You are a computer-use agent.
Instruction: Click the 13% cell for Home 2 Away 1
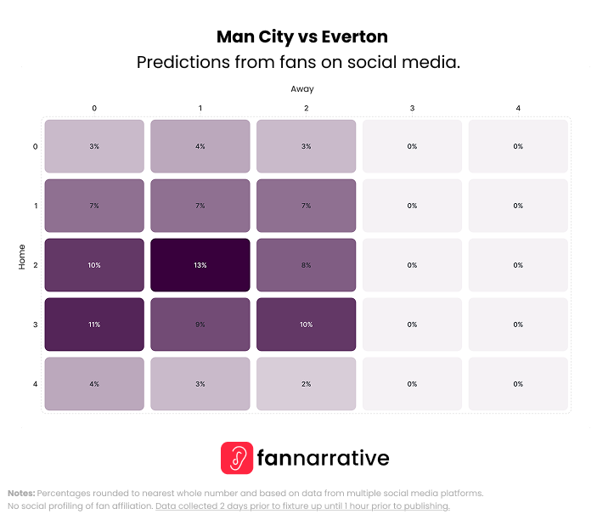point(200,265)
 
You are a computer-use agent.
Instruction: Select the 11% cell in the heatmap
point(94,325)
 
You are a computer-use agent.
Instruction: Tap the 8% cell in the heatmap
point(306,265)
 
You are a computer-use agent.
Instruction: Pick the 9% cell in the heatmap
point(200,325)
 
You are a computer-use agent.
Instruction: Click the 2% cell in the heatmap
point(306,384)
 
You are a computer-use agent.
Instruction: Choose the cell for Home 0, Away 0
point(94,146)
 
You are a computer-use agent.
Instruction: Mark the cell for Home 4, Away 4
point(517,384)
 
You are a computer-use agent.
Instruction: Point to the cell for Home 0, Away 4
point(517,146)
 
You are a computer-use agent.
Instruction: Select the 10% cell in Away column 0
point(94,265)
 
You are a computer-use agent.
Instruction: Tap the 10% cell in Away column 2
point(306,325)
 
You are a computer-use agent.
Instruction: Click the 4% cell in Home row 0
point(200,146)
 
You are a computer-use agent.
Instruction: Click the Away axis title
point(302,88)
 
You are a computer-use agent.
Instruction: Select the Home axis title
point(22,257)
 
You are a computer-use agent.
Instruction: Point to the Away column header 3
point(412,108)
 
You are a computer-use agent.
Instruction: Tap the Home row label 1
point(35,206)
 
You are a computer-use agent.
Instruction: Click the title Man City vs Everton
point(301,37)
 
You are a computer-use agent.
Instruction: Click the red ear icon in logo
point(237,458)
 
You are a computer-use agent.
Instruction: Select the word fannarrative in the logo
point(324,459)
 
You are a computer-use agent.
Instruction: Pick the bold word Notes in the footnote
point(21,493)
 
